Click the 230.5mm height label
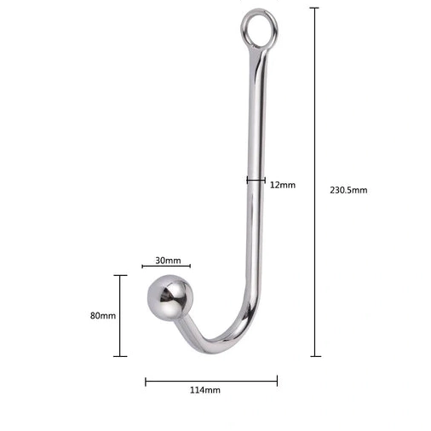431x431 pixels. pyautogui.click(x=348, y=190)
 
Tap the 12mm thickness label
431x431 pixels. pyautogui.click(x=283, y=185)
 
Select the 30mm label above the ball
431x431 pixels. pyautogui.click(x=168, y=260)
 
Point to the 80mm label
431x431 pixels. pyautogui.click(x=102, y=315)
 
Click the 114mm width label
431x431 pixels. pyautogui.click(x=204, y=390)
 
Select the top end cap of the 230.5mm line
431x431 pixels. pyautogui.click(x=315, y=8)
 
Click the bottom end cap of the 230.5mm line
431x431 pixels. pyautogui.click(x=315, y=356)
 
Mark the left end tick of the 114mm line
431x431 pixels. pyautogui.click(x=146, y=381)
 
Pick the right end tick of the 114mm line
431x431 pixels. pyautogui.click(x=277, y=381)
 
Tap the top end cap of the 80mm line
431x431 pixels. pyautogui.click(x=121, y=275)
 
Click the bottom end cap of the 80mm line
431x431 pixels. pyautogui.click(x=121, y=356)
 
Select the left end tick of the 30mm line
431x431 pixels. pyautogui.click(x=142, y=267)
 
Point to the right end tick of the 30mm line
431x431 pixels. pyautogui.click(x=190, y=267)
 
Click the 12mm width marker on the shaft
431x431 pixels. pyautogui.click(x=254, y=180)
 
